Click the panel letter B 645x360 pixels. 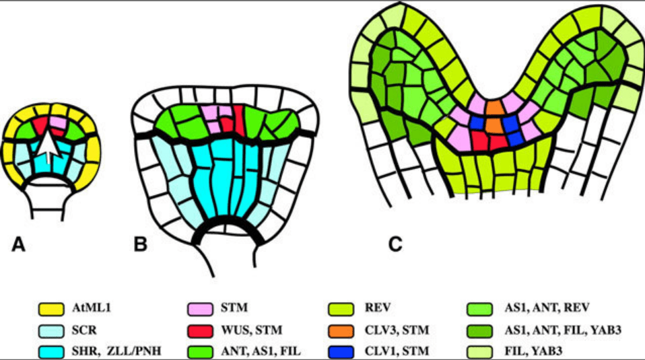(141, 245)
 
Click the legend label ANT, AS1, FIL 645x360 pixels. (252, 349)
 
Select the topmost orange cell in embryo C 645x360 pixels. (495, 107)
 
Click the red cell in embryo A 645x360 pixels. (42, 124)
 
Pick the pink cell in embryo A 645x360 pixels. (59, 122)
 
